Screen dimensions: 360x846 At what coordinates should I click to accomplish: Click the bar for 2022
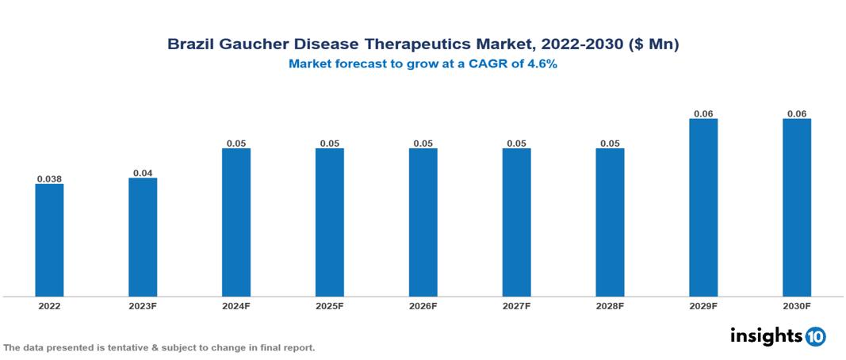[49, 240]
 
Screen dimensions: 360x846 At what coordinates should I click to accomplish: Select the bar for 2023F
[143, 237]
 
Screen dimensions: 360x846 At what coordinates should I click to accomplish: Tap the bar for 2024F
[236, 222]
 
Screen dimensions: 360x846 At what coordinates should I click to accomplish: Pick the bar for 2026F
[423, 222]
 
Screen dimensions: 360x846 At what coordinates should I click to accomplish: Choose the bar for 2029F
[703, 208]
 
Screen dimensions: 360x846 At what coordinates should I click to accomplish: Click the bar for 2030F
[797, 208]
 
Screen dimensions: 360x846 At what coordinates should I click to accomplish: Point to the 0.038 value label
[49, 179]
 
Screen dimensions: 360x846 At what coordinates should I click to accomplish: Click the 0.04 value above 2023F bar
[143, 173]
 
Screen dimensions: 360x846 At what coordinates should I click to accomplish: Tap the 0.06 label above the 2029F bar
[703, 114]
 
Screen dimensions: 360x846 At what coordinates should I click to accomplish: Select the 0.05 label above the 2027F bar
[516, 144]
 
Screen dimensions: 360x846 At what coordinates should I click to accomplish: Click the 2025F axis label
[329, 306]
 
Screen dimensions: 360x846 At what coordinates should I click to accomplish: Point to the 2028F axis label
[610, 306]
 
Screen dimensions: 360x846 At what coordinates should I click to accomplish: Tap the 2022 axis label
[49, 306]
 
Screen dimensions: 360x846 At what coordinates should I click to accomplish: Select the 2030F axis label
[797, 306]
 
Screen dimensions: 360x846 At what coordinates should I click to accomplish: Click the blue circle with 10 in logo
[815, 336]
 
